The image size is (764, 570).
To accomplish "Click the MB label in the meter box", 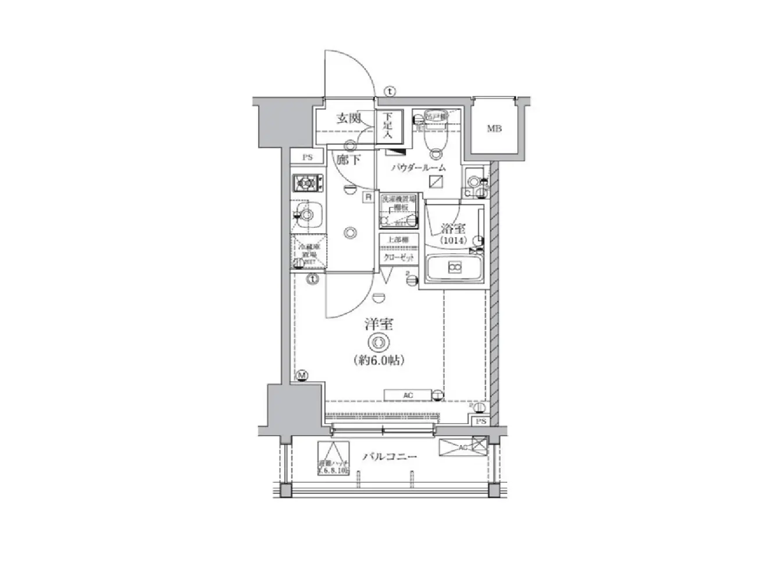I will click(x=494, y=128).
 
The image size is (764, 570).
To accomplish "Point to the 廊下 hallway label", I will click(x=349, y=159).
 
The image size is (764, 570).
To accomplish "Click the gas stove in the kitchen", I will click(x=307, y=184).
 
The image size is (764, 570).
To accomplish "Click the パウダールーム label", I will click(x=418, y=168).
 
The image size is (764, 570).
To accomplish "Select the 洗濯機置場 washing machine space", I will click(x=399, y=210).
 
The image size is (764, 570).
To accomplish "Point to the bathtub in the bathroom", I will click(x=454, y=268).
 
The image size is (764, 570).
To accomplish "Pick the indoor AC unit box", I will click(x=408, y=396).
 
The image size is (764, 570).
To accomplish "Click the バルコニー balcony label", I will click(x=390, y=457).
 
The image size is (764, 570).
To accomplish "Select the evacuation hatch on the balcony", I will click(x=333, y=459).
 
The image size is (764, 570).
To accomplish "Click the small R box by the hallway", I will click(x=368, y=197).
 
